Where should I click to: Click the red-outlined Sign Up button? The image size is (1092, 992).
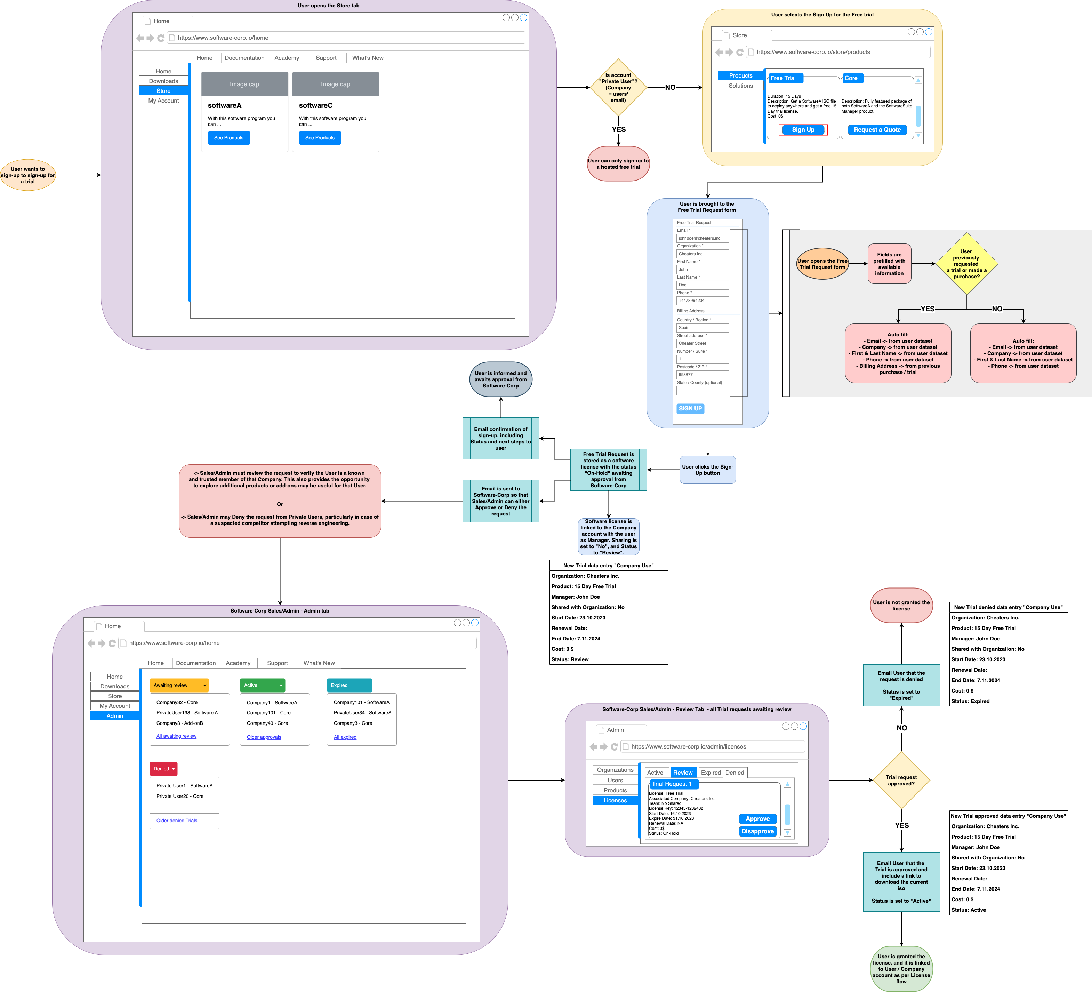point(803,130)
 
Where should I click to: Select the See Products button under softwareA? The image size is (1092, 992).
point(228,138)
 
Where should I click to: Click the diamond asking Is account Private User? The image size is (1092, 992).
point(618,88)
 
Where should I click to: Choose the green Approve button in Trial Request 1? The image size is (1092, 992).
point(757,819)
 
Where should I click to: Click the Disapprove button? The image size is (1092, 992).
point(757,831)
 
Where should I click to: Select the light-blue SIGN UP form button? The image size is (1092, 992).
point(690,408)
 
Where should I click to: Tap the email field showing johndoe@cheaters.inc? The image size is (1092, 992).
point(702,238)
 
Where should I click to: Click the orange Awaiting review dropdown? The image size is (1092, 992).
point(179,685)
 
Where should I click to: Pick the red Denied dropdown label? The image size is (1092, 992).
point(163,769)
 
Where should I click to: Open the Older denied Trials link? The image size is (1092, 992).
point(177,821)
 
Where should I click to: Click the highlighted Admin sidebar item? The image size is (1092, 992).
point(115,716)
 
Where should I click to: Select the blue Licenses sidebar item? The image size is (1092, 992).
point(615,800)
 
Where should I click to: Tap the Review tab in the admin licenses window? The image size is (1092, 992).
point(682,773)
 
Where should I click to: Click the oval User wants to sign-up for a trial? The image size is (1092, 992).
point(27,175)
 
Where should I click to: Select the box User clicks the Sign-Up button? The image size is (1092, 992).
point(707,470)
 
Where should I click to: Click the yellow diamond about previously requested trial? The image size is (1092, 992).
point(966,264)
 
